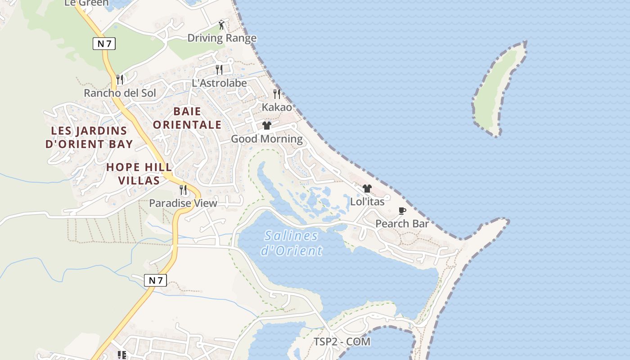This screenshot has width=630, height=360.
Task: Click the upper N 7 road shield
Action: pyautogui.click(x=104, y=44)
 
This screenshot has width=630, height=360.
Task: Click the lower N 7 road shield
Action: pyautogui.click(x=156, y=280)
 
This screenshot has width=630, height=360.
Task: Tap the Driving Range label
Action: pyautogui.click(x=222, y=38)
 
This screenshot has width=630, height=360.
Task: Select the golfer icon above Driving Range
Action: pyautogui.click(x=221, y=25)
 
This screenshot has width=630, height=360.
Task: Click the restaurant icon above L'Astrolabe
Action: pyautogui.click(x=219, y=70)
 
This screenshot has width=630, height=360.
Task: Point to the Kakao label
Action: pyautogui.click(x=277, y=107)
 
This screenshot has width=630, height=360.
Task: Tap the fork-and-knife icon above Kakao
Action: pyautogui.click(x=277, y=94)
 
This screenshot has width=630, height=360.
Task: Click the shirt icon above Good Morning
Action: pyautogui.click(x=267, y=126)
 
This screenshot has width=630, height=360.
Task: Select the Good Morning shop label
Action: pyautogui.click(x=267, y=139)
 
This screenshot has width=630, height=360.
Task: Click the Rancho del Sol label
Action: pyautogui.click(x=120, y=93)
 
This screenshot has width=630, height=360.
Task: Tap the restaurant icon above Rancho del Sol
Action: pyautogui.click(x=120, y=80)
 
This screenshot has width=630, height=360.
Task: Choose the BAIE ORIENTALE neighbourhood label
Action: pyautogui.click(x=187, y=118)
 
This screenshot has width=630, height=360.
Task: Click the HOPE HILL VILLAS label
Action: pyautogui.click(x=139, y=174)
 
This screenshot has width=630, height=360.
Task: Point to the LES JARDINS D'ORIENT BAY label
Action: pyautogui.click(x=89, y=137)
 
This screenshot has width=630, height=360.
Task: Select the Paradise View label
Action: pyautogui.click(x=183, y=203)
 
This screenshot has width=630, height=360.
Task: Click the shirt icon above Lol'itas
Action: pyautogui.click(x=367, y=189)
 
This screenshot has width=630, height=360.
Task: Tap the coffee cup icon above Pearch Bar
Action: pyautogui.click(x=402, y=211)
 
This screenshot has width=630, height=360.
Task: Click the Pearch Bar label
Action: pyautogui.click(x=402, y=224)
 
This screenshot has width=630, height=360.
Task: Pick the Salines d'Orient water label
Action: pyautogui.click(x=292, y=243)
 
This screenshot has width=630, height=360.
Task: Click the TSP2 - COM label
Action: pyautogui.click(x=342, y=342)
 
